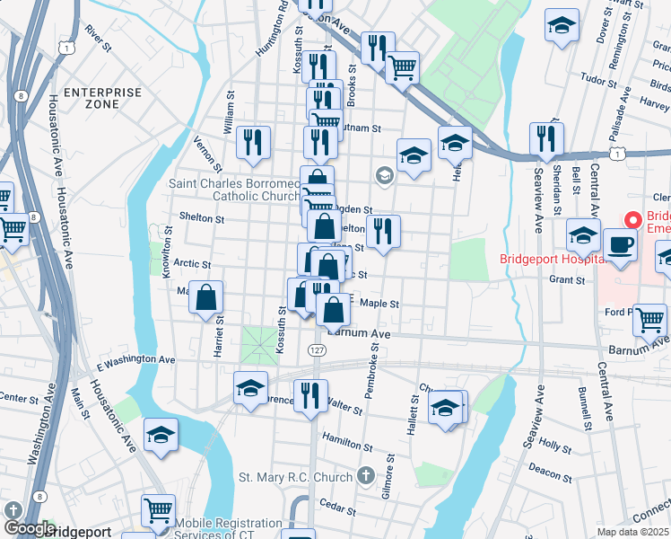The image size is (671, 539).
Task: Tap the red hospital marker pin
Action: pos(633,218)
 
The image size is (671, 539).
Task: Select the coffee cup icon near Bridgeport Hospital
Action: pos(620,245)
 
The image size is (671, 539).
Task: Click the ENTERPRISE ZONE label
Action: pos(103,98)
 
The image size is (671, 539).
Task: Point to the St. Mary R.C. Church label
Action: pos(295,475)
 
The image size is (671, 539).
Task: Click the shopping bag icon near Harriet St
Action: pos(206,297)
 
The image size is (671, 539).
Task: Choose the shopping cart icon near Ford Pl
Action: pos(649,319)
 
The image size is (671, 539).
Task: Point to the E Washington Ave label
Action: pos(135,359)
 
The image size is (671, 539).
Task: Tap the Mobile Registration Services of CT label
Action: pos(228,529)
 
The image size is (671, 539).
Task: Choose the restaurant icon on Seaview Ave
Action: pos(545,139)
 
